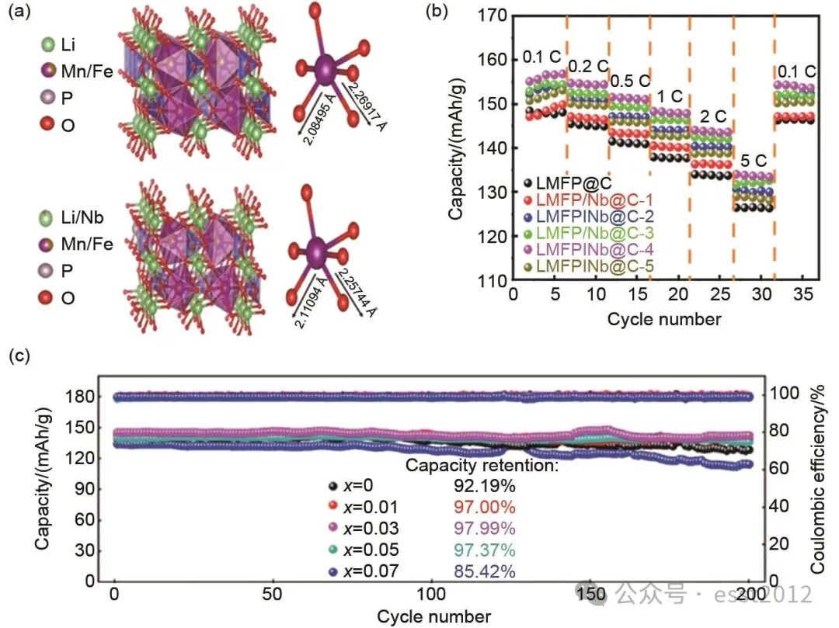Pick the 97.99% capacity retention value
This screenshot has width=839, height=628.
485,529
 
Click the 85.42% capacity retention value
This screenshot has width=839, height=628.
485,572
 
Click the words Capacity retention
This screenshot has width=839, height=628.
482,466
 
